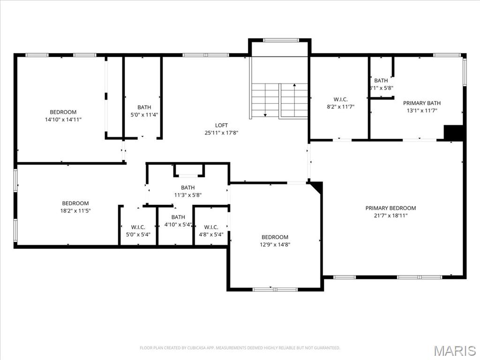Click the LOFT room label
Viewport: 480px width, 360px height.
[221, 125]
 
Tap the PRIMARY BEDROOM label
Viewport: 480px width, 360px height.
[390, 208]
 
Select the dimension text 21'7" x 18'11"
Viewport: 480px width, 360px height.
[390, 216]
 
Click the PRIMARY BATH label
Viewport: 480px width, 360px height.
[422, 103]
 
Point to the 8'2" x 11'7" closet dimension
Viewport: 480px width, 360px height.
[340, 107]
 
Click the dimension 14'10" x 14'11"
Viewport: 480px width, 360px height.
[63, 120]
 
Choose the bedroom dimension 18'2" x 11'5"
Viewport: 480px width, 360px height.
[75, 211]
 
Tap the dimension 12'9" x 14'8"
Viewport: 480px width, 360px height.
[275, 244]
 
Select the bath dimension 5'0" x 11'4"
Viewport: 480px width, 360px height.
[144, 115]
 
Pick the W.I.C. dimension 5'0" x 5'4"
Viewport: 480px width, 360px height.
[138, 234]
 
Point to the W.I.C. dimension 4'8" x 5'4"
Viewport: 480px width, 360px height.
[211, 234]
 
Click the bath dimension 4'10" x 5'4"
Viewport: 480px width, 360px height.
[178, 225]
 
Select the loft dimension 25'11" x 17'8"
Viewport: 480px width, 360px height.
[221, 133]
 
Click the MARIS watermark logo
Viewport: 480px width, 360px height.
[454, 351]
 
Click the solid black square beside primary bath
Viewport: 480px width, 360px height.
[453, 133]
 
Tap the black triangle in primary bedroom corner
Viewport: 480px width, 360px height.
[317, 186]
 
